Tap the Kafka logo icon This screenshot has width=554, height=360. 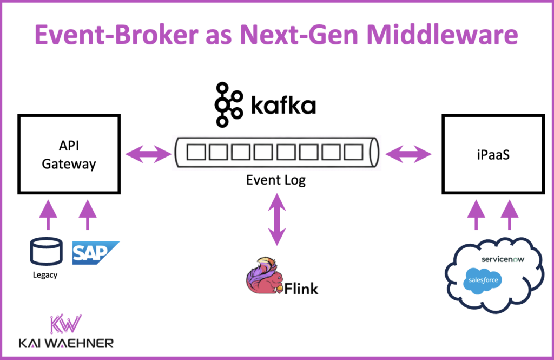pos(229,105)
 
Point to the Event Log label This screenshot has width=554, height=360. pos(276,180)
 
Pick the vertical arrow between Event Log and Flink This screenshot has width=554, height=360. pos(276,221)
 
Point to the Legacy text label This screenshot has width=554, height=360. pos(44,275)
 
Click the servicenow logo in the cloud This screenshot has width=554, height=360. pos(503,259)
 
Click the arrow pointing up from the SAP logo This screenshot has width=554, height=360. pos(88,216)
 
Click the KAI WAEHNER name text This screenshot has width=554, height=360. pos(65,343)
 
